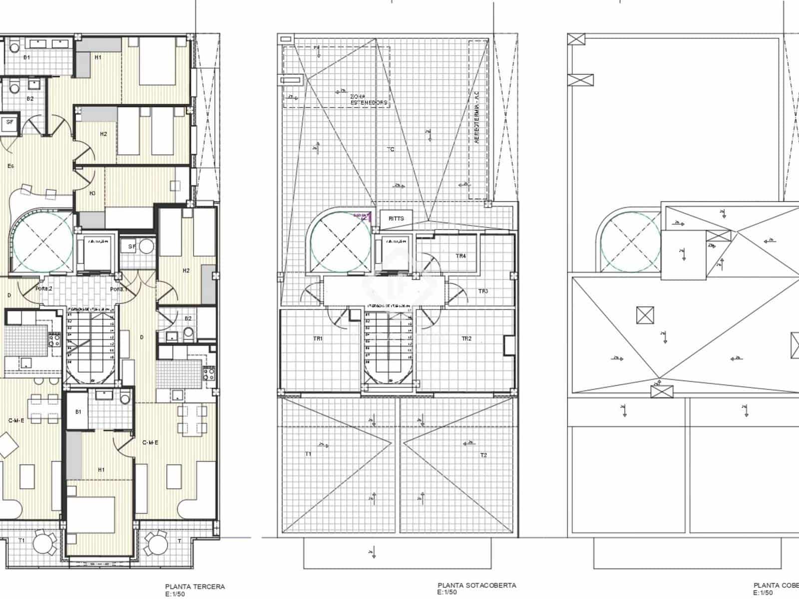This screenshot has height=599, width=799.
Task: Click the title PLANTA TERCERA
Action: click(195, 587)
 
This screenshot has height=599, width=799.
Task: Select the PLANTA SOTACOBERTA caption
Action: click(477, 586)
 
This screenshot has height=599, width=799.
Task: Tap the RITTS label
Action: click(396, 219)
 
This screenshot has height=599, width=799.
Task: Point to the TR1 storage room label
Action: click(318, 338)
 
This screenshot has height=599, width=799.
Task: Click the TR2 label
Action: click(466, 338)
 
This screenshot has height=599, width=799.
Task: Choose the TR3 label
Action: click(483, 291)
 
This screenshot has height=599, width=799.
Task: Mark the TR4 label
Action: click(461, 256)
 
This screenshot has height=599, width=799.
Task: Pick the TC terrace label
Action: click(391, 149)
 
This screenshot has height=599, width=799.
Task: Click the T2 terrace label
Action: click(483, 455)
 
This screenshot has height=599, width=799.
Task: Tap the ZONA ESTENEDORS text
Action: click(369, 99)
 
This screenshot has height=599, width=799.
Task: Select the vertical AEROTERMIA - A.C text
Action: click(477, 117)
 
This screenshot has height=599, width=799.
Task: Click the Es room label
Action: click(10, 166)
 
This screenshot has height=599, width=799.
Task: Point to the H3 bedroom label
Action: click(92, 193)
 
